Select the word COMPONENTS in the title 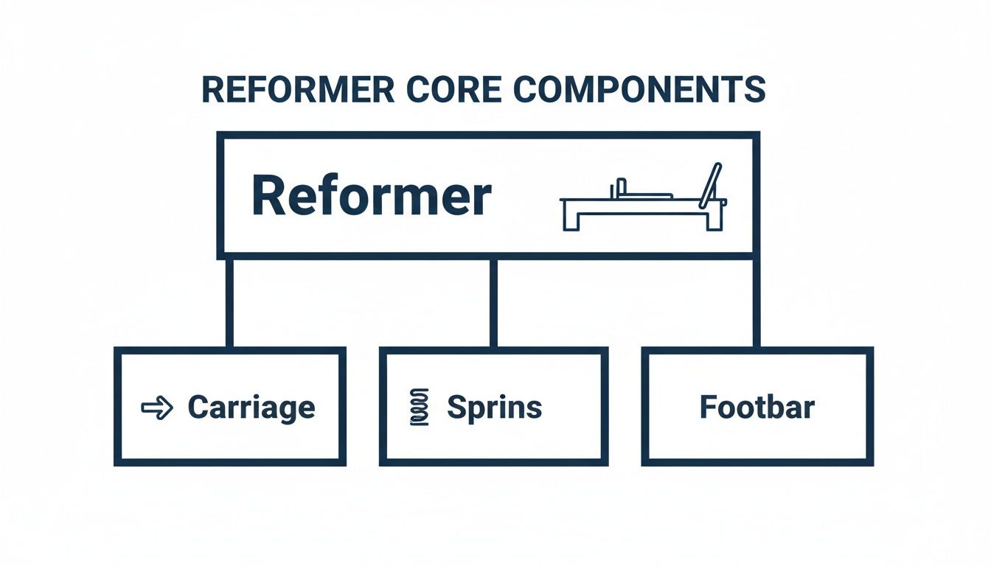(x=639, y=90)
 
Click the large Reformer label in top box (x=371, y=196)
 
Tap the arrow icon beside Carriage (x=156, y=408)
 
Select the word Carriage (x=251, y=408)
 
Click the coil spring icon (x=418, y=408)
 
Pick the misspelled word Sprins (x=494, y=408)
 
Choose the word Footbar (x=757, y=408)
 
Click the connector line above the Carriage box (x=229, y=302)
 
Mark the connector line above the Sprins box (x=493, y=302)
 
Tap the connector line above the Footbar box (x=756, y=302)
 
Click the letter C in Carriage (x=198, y=408)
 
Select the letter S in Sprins (x=456, y=408)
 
